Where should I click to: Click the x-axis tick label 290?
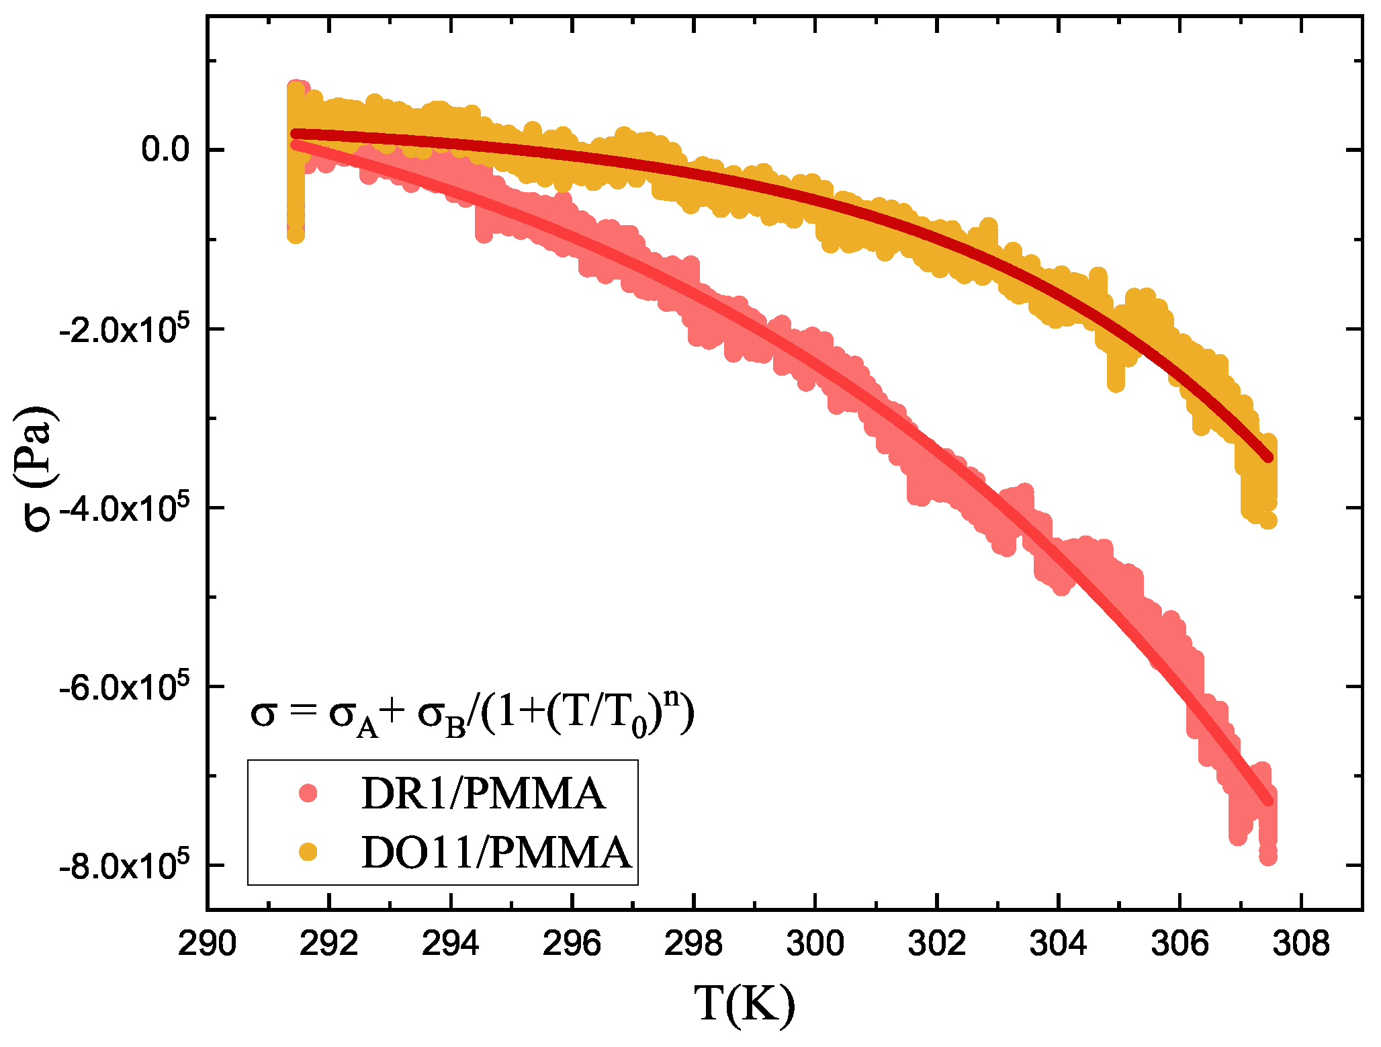point(207,944)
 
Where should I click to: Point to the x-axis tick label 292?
point(328,944)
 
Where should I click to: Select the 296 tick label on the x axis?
point(572,944)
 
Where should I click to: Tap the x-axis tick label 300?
point(815,944)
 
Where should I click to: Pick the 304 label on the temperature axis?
point(1058,944)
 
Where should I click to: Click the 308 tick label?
point(1300,944)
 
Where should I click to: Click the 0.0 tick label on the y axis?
point(165,149)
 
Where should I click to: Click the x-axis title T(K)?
point(744,1005)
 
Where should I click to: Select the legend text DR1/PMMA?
point(483,794)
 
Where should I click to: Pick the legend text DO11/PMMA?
point(496,853)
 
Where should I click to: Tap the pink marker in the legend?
point(308,793)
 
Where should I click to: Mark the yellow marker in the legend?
point(308,852)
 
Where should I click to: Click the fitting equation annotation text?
point(472,714)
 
